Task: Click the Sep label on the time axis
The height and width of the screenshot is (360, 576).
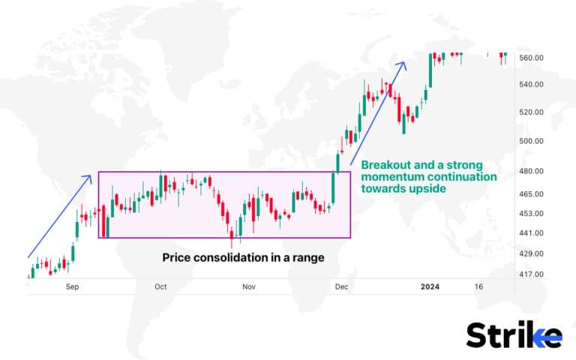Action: (x=73, y=287)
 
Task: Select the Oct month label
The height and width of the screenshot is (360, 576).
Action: (x=160, y=287)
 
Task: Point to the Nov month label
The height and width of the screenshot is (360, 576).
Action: (x=248, y=287)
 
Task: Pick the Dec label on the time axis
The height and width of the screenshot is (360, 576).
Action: (x=341, y=287)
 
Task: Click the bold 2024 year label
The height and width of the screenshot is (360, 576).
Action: (x=430, y=287)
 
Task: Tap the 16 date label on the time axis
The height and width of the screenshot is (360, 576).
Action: (x=479, y=287)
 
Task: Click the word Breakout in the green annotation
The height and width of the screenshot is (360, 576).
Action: (x=386, y=165)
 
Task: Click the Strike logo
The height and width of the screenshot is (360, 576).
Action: (x=514, y=334)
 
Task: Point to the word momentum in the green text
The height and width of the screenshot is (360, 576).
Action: (x=391, y=178)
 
